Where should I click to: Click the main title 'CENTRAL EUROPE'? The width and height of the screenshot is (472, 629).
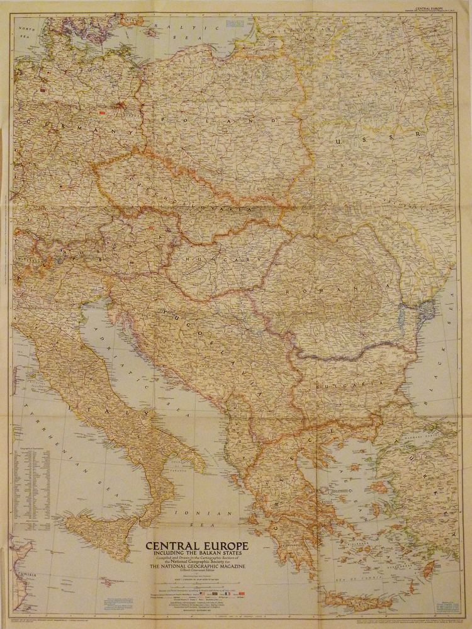tap(197, 545)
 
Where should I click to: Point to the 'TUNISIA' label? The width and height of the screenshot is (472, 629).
tap(24, 575)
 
